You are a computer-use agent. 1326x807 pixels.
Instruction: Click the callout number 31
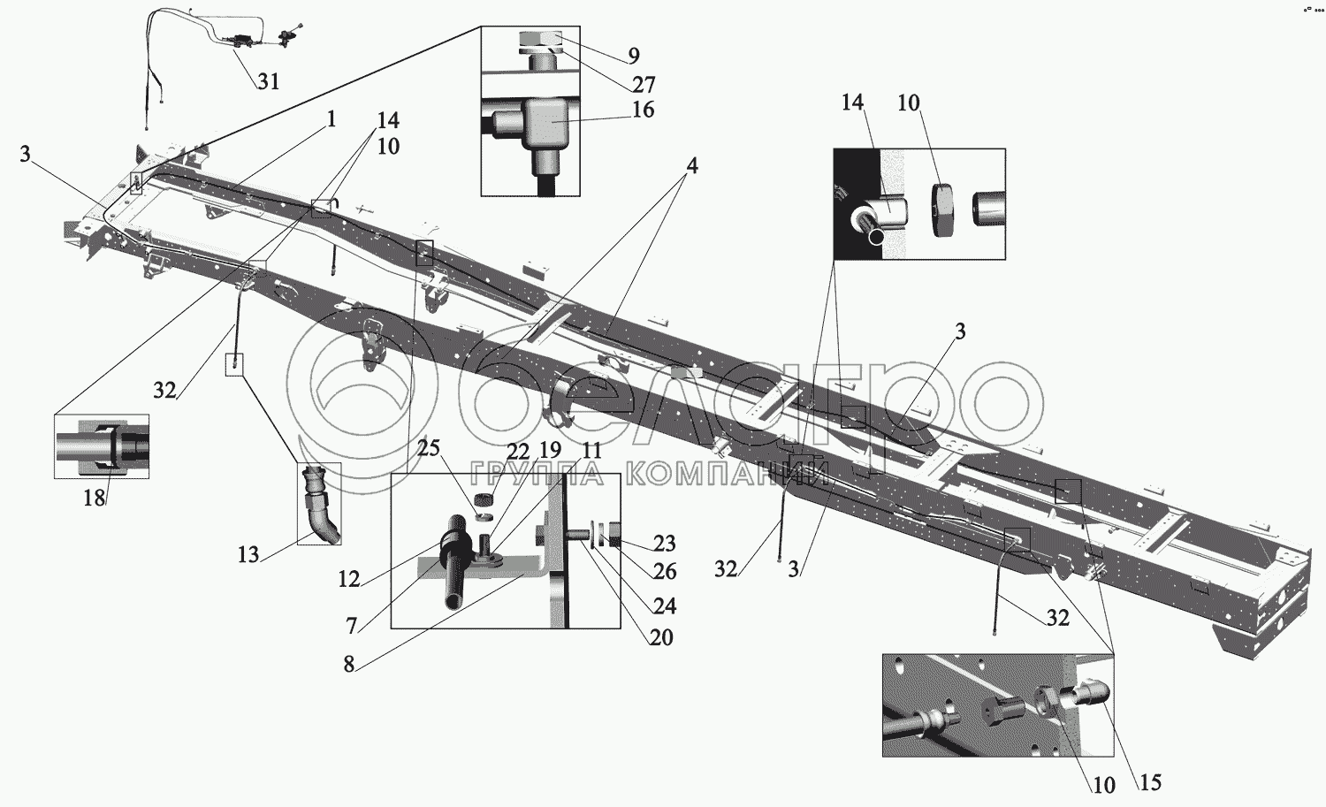point(269,81)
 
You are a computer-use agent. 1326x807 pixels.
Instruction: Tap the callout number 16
point(644,110)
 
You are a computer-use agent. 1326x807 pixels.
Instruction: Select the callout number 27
point(644,84)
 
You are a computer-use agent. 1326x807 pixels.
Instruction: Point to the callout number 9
point(634,56)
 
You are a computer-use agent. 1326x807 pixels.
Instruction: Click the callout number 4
point(692,165)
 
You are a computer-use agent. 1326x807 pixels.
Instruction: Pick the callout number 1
point(331,118)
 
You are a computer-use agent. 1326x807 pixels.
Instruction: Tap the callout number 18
point(95,498)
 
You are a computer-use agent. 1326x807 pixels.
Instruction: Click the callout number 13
point(248,554)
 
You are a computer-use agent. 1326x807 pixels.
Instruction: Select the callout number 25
point(429,448)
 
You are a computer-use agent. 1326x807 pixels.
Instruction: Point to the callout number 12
point(349,579)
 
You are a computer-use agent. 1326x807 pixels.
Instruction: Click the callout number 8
point(349,664)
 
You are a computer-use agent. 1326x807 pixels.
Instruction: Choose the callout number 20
point(661,636)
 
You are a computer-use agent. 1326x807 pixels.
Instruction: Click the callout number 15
point(1150,781)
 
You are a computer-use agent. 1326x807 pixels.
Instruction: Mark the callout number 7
point(352,626)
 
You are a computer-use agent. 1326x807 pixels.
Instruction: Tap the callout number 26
point(665,573)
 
